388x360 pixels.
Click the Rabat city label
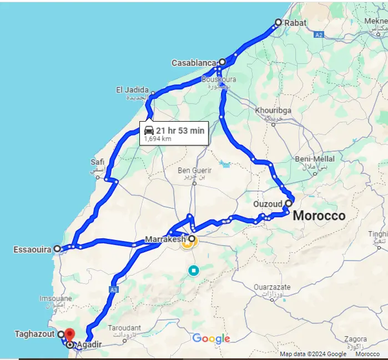click(x=295, y=23)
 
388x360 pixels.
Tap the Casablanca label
click(x=193, y=63)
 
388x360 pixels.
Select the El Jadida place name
click(x=132, y=90)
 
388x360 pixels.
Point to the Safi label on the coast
click(x=97, y=162)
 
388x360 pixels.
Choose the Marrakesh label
click(x=164, y=239)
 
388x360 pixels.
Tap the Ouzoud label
click(x=268, y=204)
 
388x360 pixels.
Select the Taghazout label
click(x=34, y=334)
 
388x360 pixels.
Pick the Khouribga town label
click(x=273, y=111)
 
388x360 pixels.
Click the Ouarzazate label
click(x=272, y=287)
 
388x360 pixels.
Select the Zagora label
click(x=355, y=339)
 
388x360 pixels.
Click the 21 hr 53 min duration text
click(x=180, y=131)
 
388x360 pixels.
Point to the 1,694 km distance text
click(x=158, y=139)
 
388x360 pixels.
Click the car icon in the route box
click(x=149, y=131)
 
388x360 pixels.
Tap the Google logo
click(x=211, y=339)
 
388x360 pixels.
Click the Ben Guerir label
click(x=192, y=170)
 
